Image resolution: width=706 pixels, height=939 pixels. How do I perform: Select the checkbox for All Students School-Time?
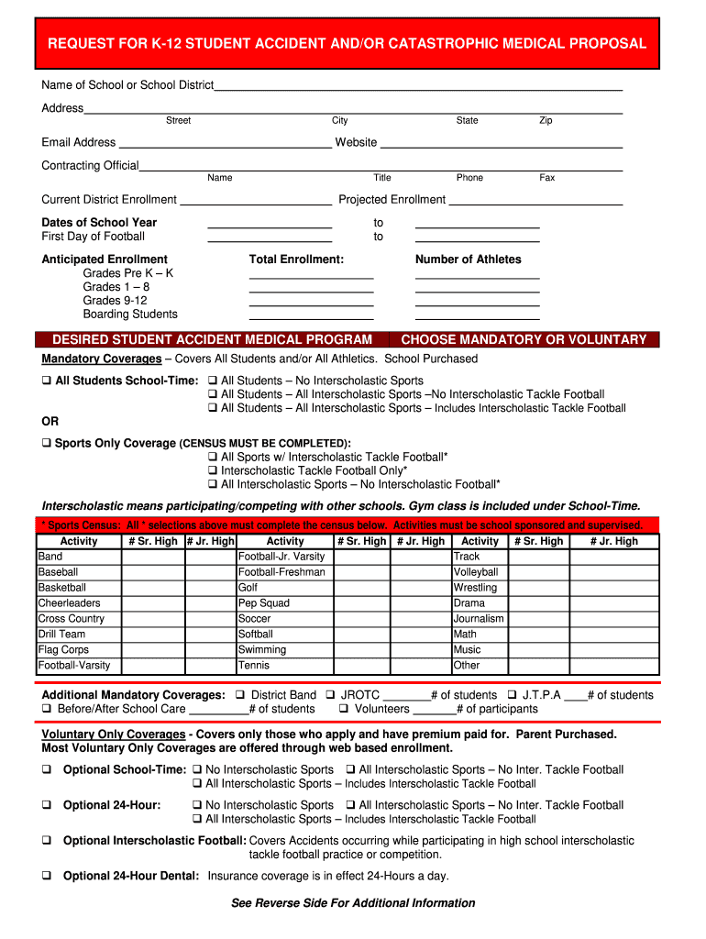(47, 381)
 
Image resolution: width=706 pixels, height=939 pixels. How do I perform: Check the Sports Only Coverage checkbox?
(47, 443)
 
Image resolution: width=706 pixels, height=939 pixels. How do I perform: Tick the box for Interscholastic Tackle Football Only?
(213, 470)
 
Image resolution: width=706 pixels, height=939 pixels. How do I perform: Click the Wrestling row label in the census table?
(475, 588)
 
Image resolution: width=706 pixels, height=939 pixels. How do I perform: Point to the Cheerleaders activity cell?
(78, 603)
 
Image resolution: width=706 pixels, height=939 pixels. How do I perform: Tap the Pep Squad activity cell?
(284, 603)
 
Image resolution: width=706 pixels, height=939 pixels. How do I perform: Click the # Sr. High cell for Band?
(152, 557)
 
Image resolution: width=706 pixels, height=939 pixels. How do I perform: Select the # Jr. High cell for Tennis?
(419, 666)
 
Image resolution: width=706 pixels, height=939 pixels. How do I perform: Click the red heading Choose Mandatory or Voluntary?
(524, 339)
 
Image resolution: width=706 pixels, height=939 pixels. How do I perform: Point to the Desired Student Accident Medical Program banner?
(212, 339)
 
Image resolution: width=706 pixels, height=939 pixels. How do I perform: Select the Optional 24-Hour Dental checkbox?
(47, 876)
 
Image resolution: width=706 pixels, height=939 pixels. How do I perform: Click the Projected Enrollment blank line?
(535, 200)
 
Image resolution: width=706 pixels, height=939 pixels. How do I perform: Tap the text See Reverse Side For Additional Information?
(353, 903)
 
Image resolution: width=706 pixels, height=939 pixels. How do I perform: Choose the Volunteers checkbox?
(344, 709)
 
